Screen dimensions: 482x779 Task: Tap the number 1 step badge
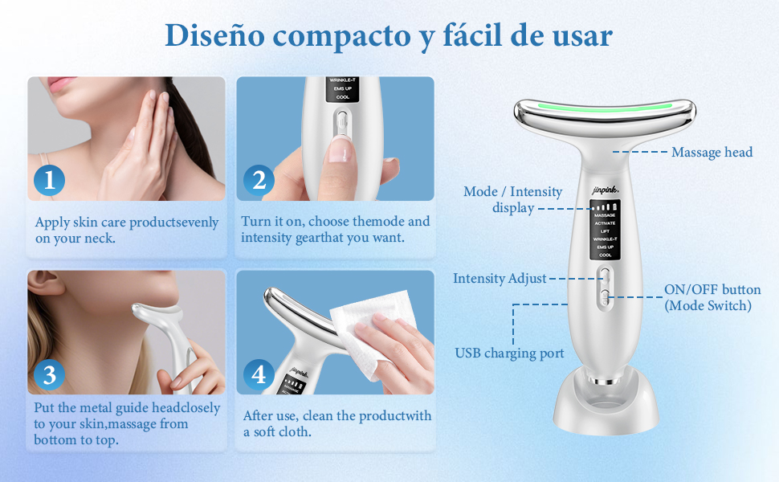tap(49, 180)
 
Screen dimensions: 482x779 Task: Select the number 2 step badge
tap(259, 180)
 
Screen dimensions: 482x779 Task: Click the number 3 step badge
tap(49, 374)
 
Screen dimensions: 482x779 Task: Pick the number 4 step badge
tap(259, 374)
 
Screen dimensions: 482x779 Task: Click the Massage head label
tap(712, 152)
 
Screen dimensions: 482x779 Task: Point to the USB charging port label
tap(509, 353)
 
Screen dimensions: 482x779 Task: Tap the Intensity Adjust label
tap(500, 279)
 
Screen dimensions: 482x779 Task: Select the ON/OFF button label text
tap(712, 290)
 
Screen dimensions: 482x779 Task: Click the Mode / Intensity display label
tap(513, 199)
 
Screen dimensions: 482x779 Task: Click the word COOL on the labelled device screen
tap(605, 255)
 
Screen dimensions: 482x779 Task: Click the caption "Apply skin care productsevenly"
tap(126, 223)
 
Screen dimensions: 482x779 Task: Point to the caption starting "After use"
tap(337, 415)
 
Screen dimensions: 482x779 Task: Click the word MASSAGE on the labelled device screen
tap(605, 215)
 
